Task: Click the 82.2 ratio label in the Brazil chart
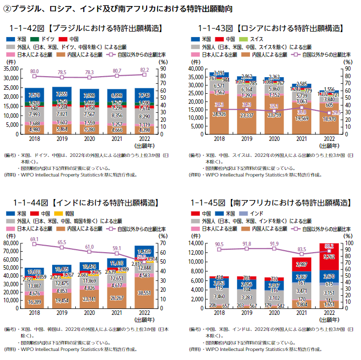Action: (144, 70)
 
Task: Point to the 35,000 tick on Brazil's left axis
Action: (14, 68)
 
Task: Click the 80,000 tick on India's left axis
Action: (14, 243)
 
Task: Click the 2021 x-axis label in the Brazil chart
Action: (117, 139)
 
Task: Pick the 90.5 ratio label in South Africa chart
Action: (219, 244)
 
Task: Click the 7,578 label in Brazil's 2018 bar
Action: (35, 95)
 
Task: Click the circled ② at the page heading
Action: (7, 9)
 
